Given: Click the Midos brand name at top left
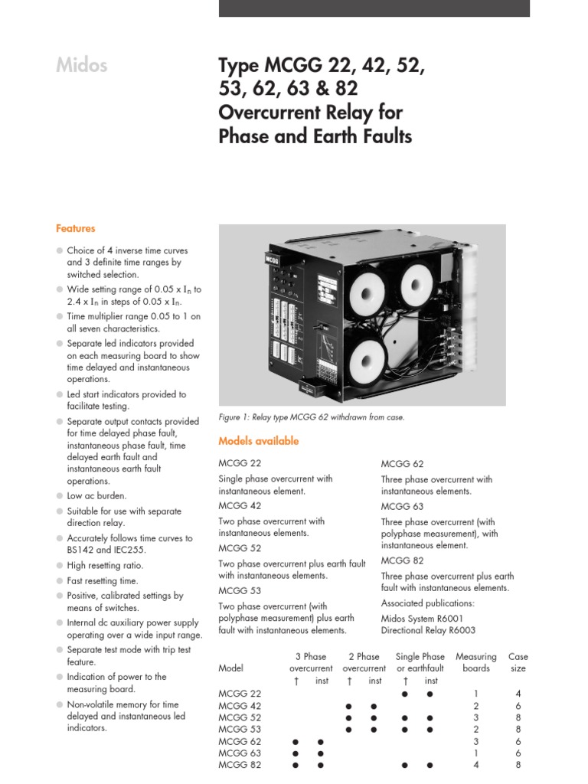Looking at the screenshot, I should (81, 66).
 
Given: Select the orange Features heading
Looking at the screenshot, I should (75, 228).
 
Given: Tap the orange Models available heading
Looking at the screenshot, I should (258, 441).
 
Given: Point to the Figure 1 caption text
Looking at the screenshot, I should (311, 417).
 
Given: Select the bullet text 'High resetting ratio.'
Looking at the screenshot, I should (105, 566).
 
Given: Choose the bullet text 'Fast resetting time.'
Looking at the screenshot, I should (103, 581).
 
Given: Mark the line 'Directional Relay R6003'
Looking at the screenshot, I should (428, 630).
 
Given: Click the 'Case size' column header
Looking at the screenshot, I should (518, 662).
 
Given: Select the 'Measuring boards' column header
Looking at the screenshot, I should (475, 662).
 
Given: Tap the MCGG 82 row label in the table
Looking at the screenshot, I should (240, 765).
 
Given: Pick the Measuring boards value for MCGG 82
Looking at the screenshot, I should (475, 765).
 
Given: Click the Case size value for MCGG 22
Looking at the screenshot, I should (518, 693).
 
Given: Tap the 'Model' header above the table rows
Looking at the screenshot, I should (231, 668).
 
